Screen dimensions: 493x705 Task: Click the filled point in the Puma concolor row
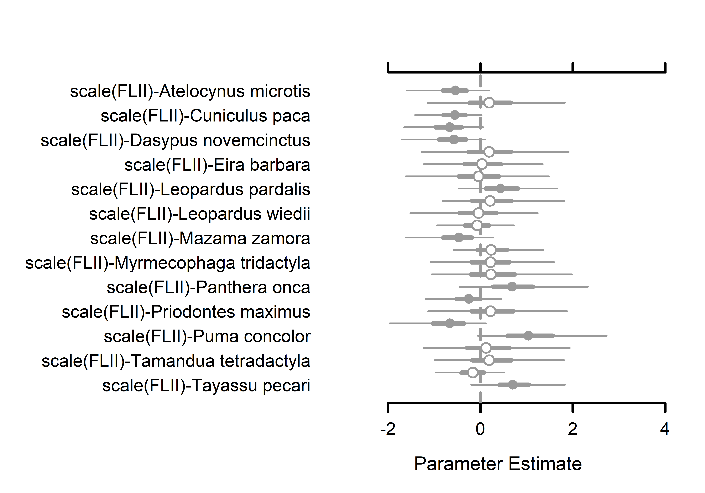(x=528, y=336)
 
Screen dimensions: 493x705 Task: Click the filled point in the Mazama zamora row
(x=458, y=237)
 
